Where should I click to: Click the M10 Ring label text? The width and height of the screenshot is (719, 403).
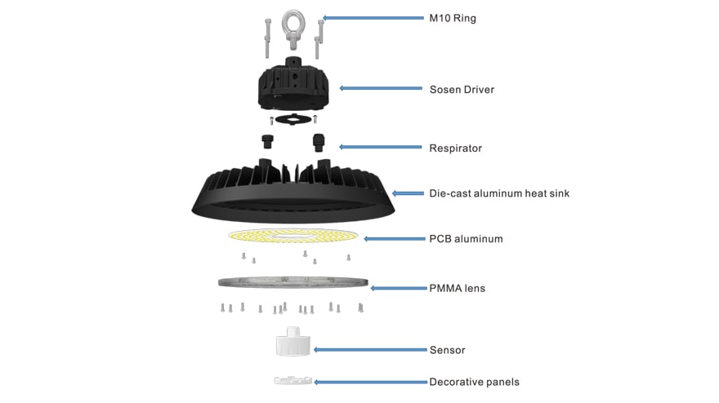pos(452,18)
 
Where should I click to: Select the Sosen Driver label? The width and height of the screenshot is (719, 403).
pos(462,89)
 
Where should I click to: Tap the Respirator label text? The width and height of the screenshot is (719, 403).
pos(455,148)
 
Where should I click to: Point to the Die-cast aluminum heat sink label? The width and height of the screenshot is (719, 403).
pos(499,193)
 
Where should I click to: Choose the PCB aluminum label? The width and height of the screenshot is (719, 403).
pos(466,238)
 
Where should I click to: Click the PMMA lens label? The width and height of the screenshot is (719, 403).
pos(457,288)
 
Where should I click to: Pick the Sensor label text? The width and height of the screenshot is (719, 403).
pos(447,350)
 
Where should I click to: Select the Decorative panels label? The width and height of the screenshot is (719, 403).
pos(474,382)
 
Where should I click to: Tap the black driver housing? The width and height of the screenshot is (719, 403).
pos(293,84)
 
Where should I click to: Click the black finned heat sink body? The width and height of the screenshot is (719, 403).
pos(293,192)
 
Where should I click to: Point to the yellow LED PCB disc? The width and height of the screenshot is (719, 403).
pos(293,236)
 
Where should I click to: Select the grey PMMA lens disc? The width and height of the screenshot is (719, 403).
pos(293,282)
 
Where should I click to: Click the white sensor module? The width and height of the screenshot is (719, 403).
pos(293,342)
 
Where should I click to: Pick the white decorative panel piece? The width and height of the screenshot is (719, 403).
pos(293,380)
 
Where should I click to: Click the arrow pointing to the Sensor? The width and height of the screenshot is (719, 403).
pos(370,350)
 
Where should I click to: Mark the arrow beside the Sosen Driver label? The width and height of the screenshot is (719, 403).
pos(381,88)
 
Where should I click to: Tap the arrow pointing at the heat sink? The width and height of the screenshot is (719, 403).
pos(408,193)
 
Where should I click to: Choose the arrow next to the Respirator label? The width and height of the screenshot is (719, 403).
pos(380,147)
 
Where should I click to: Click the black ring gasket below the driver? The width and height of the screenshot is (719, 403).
pos(293,119)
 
